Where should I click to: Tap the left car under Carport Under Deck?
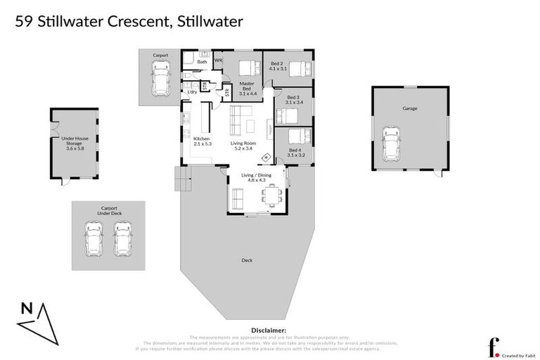(94, 239)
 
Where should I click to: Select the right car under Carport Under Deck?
(123, 239)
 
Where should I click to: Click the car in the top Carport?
(161, 77)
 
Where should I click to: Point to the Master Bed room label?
(246, 88)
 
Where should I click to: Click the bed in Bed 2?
(297, 69)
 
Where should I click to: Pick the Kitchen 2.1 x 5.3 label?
(202, 141)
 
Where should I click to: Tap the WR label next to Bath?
(218, 61)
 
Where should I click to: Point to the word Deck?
(247, 260)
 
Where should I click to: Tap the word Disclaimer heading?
(269, 329)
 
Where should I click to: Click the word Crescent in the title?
(136, 21)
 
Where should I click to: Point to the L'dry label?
(191, 92)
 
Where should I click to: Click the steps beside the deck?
(181, 180)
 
